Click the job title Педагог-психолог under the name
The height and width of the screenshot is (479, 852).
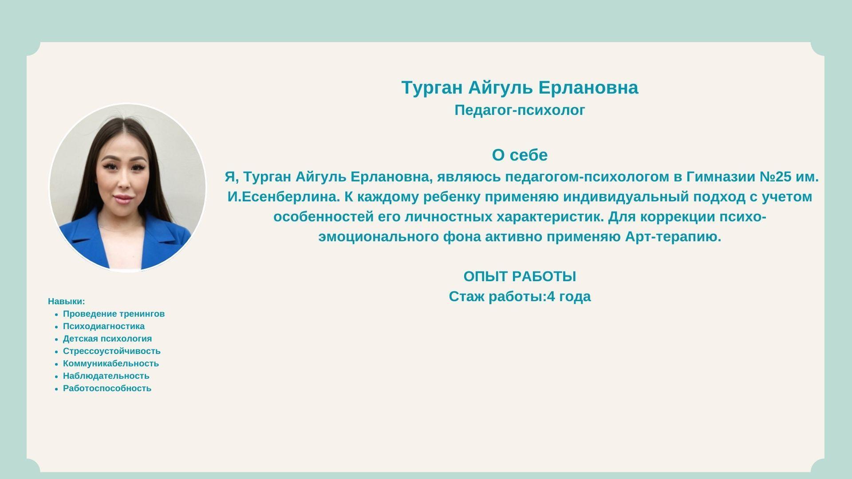(x=520, y=110)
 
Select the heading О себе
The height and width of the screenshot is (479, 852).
(x=520, y=155)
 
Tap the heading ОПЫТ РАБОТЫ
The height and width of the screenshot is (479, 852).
(x=520, y=276)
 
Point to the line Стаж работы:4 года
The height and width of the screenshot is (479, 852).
(x=520, y=296)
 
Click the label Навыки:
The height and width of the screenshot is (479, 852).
(x=67, y=302)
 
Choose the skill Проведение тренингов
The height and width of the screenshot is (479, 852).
(x=114, y=314)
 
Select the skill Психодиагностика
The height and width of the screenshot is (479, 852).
(x=104, y=326)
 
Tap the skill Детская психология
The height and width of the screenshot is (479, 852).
(x=107, y=339)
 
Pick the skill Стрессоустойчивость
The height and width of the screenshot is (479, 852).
(x=112, y=351)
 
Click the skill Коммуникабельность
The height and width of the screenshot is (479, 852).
(x=111, y=364)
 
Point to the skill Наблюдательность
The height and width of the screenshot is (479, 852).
(x=106, y=376)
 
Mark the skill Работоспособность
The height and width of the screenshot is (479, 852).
(x=107, y=389)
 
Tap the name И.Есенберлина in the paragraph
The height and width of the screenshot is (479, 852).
(x=284, y=197)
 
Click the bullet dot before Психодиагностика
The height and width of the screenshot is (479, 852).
(x=56, y=327)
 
